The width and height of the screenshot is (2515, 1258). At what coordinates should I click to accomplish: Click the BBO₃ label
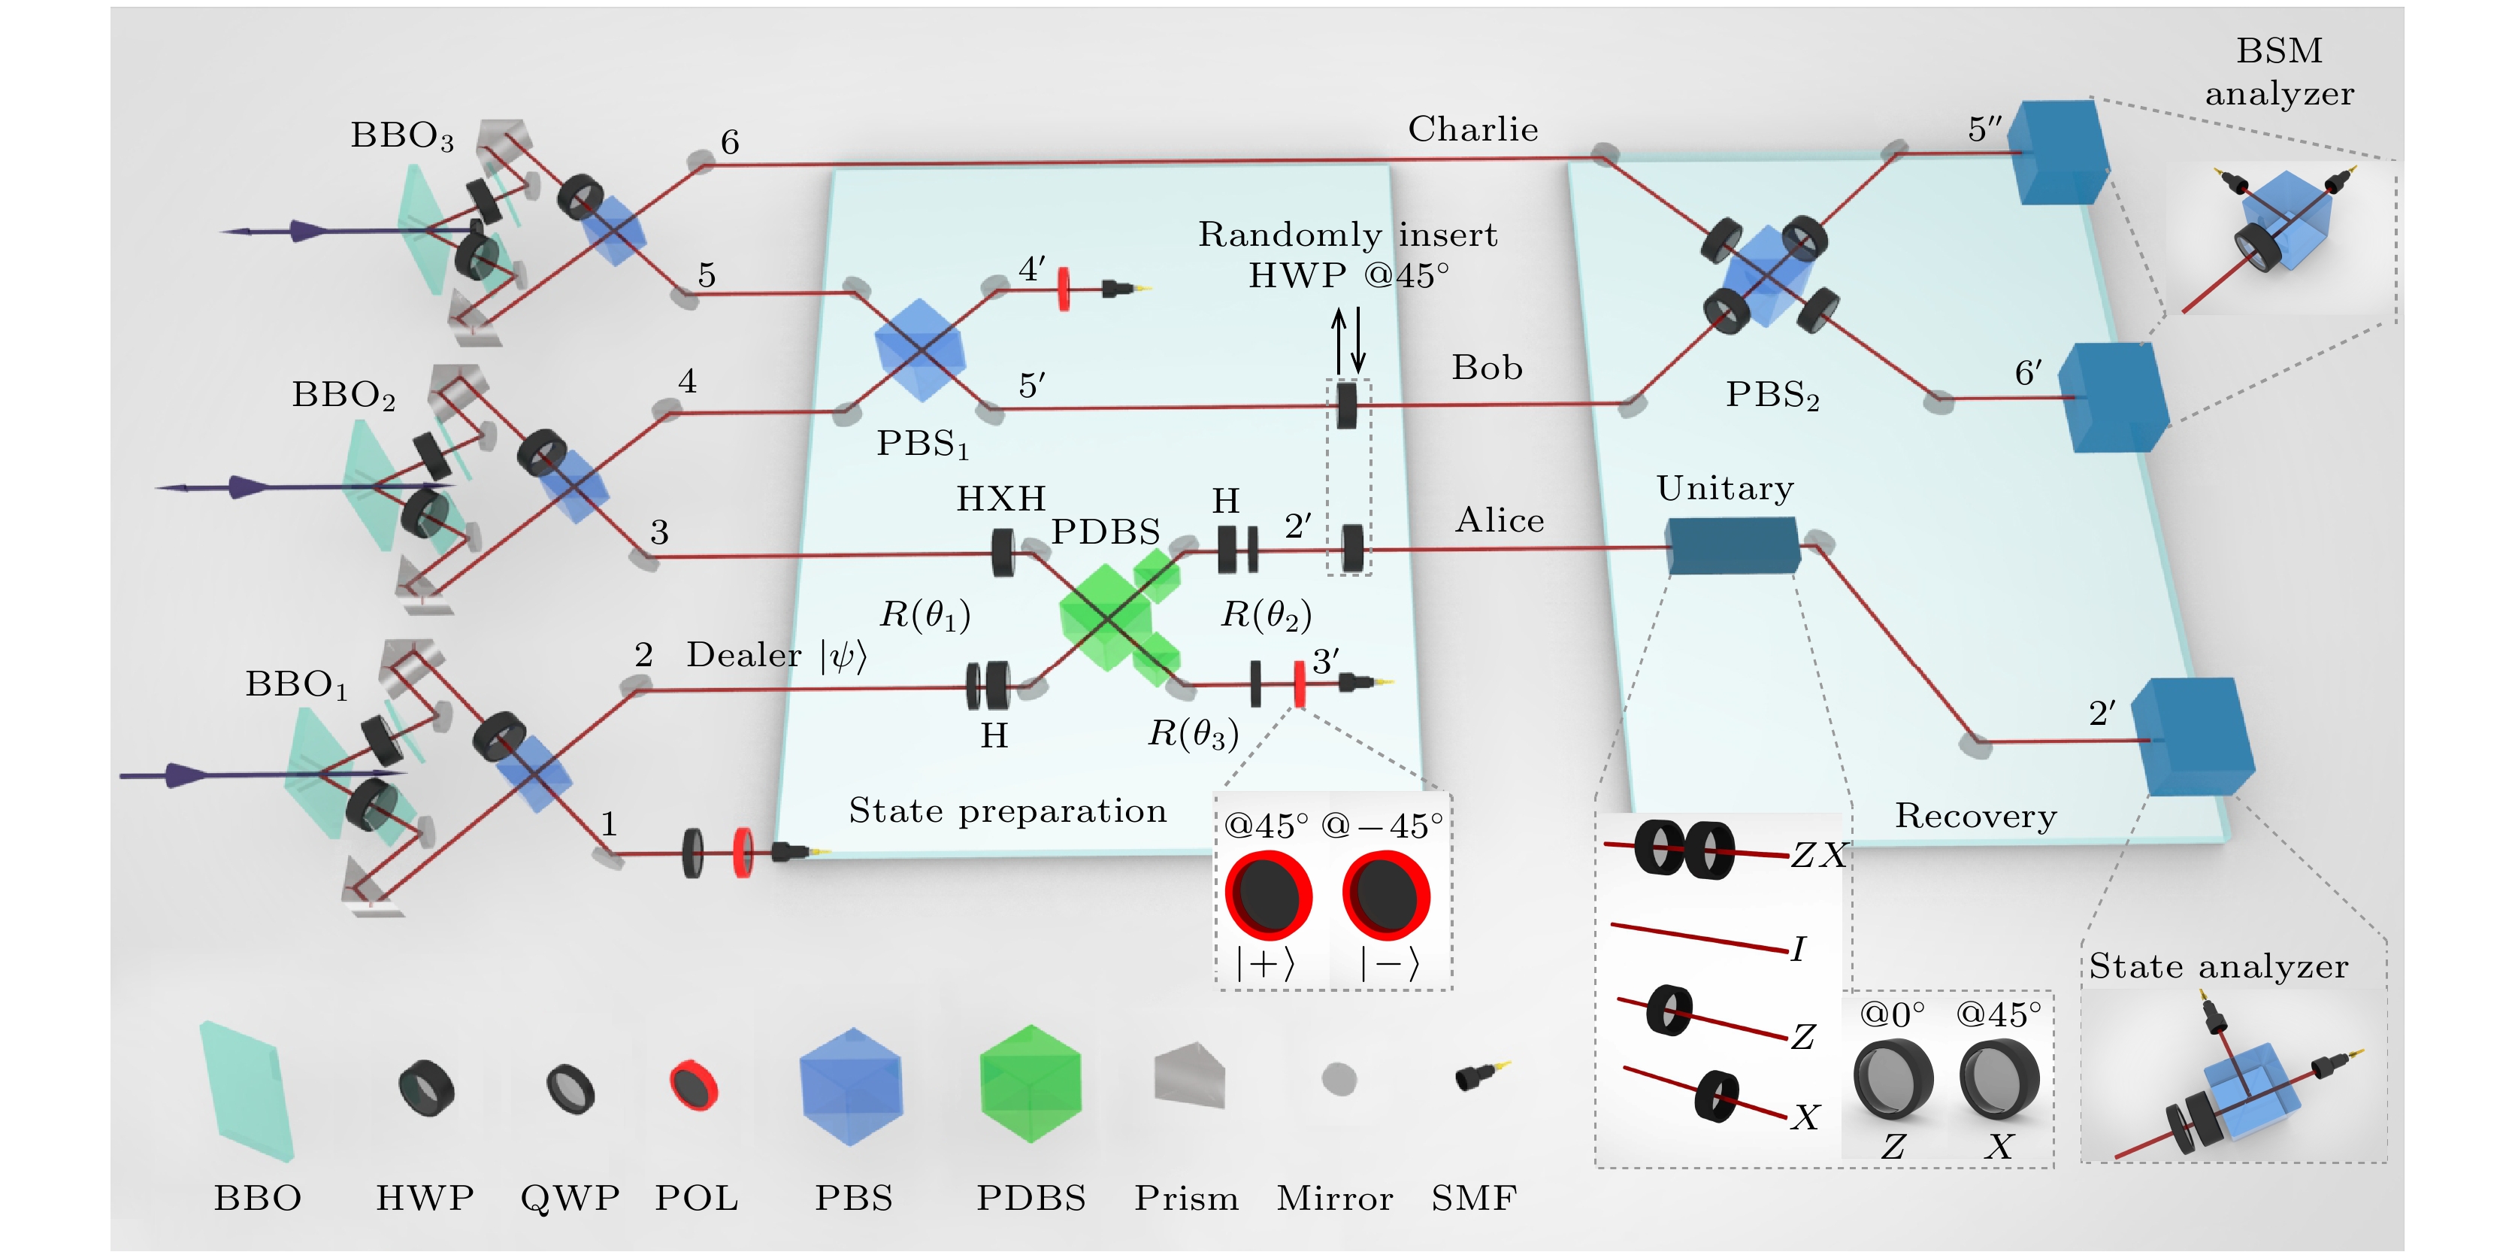(x=402, y=136)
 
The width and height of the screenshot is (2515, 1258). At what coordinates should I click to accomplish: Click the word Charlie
(x=1472, y=129)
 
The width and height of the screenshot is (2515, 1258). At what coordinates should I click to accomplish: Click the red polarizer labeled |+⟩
(x=1267, y=895)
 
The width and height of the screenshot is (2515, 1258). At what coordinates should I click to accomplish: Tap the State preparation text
(x=1007, y=811)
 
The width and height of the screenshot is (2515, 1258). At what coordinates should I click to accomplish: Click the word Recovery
(x=1975, y=816)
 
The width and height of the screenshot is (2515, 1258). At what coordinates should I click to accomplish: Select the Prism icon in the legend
(x=1188, y=1075)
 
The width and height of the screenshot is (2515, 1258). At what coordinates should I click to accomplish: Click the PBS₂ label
(x=1772, y=395)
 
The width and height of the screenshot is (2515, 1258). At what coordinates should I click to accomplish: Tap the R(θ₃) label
(x=1193, y=732)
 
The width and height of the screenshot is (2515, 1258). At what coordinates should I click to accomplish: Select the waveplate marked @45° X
(x=1999, y=1078)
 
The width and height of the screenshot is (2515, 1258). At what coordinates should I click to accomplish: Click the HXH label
(x=1000, y=499)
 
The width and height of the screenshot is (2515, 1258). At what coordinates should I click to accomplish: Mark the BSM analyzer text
(x=2279, y=71)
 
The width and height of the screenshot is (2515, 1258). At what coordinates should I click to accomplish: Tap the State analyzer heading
(x=2218, y=966)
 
